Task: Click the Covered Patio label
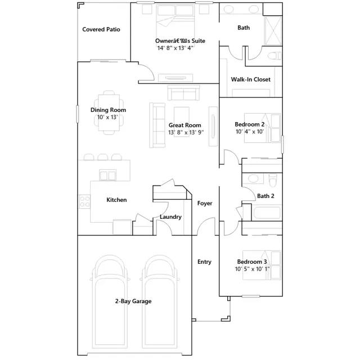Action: point(101,29)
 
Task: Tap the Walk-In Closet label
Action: point(250,79)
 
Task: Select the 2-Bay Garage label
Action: point(133,301)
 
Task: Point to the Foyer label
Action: point(205,203)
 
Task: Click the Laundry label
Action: point(170,217)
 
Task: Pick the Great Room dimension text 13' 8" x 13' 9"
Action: point(186,133)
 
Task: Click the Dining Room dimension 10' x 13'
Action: point(107,118)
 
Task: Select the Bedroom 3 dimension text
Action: point(252,269)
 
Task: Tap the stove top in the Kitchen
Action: point(85,201)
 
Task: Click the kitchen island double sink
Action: point(107,175)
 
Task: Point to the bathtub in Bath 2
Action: point(267,213)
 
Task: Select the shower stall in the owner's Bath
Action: point(273,30)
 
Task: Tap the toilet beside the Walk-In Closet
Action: point(274,56)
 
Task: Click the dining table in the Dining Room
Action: point(109,112)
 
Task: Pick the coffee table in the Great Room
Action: point(182,122)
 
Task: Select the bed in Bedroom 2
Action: point(263,128)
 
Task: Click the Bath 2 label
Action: point(265,196)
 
